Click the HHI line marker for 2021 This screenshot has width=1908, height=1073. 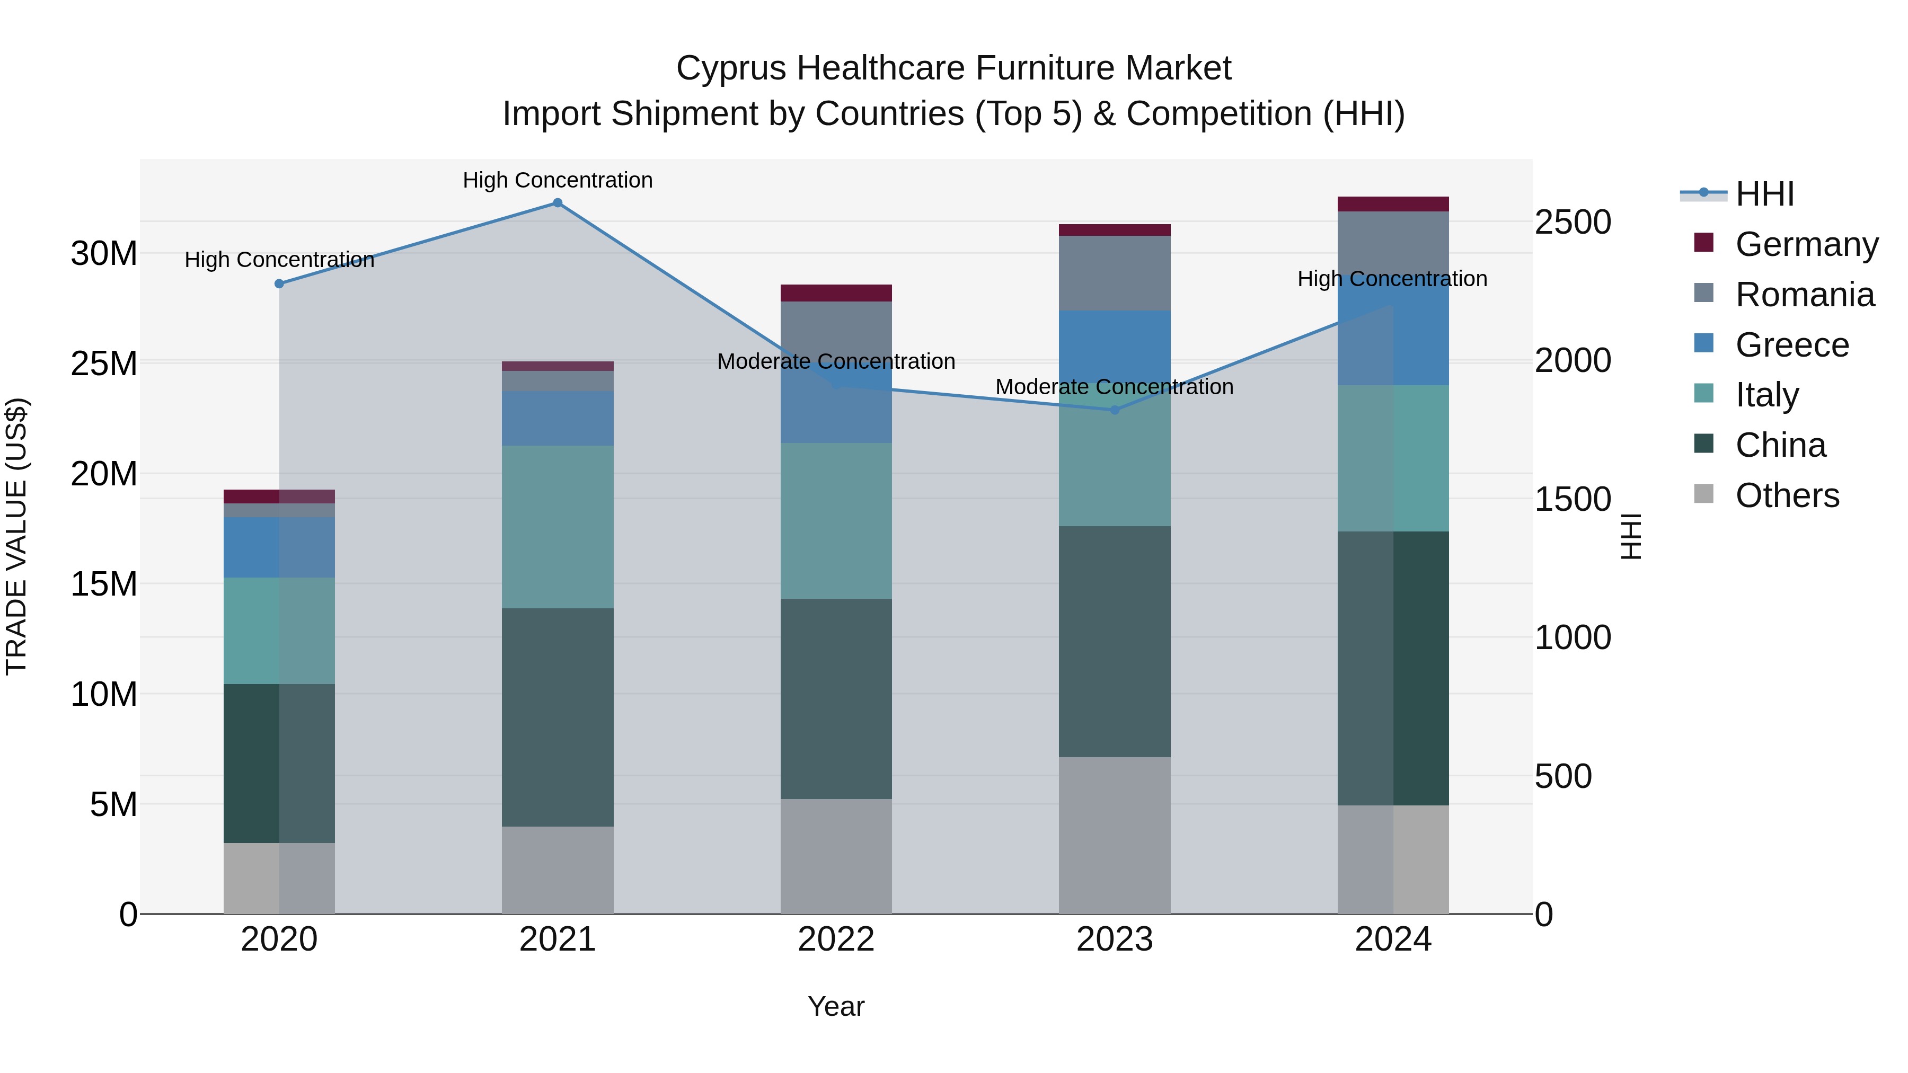tap(558, 203)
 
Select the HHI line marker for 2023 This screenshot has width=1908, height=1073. tap(1115, 410)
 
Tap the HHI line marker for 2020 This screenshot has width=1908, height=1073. tap(279, 283)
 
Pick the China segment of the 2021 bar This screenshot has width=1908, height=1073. tap(558, 717)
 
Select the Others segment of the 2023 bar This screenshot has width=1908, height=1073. tap(1115, 835)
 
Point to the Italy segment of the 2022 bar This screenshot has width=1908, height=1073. tap(836, 520)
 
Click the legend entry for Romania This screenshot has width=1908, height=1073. tap(1804, 295)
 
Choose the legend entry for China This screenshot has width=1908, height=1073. tap(1781, 445)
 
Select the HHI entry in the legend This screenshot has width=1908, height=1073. tap(1764, 194)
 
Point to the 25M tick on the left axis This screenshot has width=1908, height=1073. tap(104, 363)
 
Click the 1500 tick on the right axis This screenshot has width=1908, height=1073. tap(1572, 499)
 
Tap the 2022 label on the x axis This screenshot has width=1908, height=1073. tap(836, 939)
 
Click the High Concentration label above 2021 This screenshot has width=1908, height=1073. tap(558, 180)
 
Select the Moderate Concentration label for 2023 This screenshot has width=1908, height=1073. tap(1114, 387)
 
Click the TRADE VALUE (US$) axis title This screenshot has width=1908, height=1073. tap(16, 536)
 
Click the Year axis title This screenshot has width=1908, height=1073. tap(836, 1006)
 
